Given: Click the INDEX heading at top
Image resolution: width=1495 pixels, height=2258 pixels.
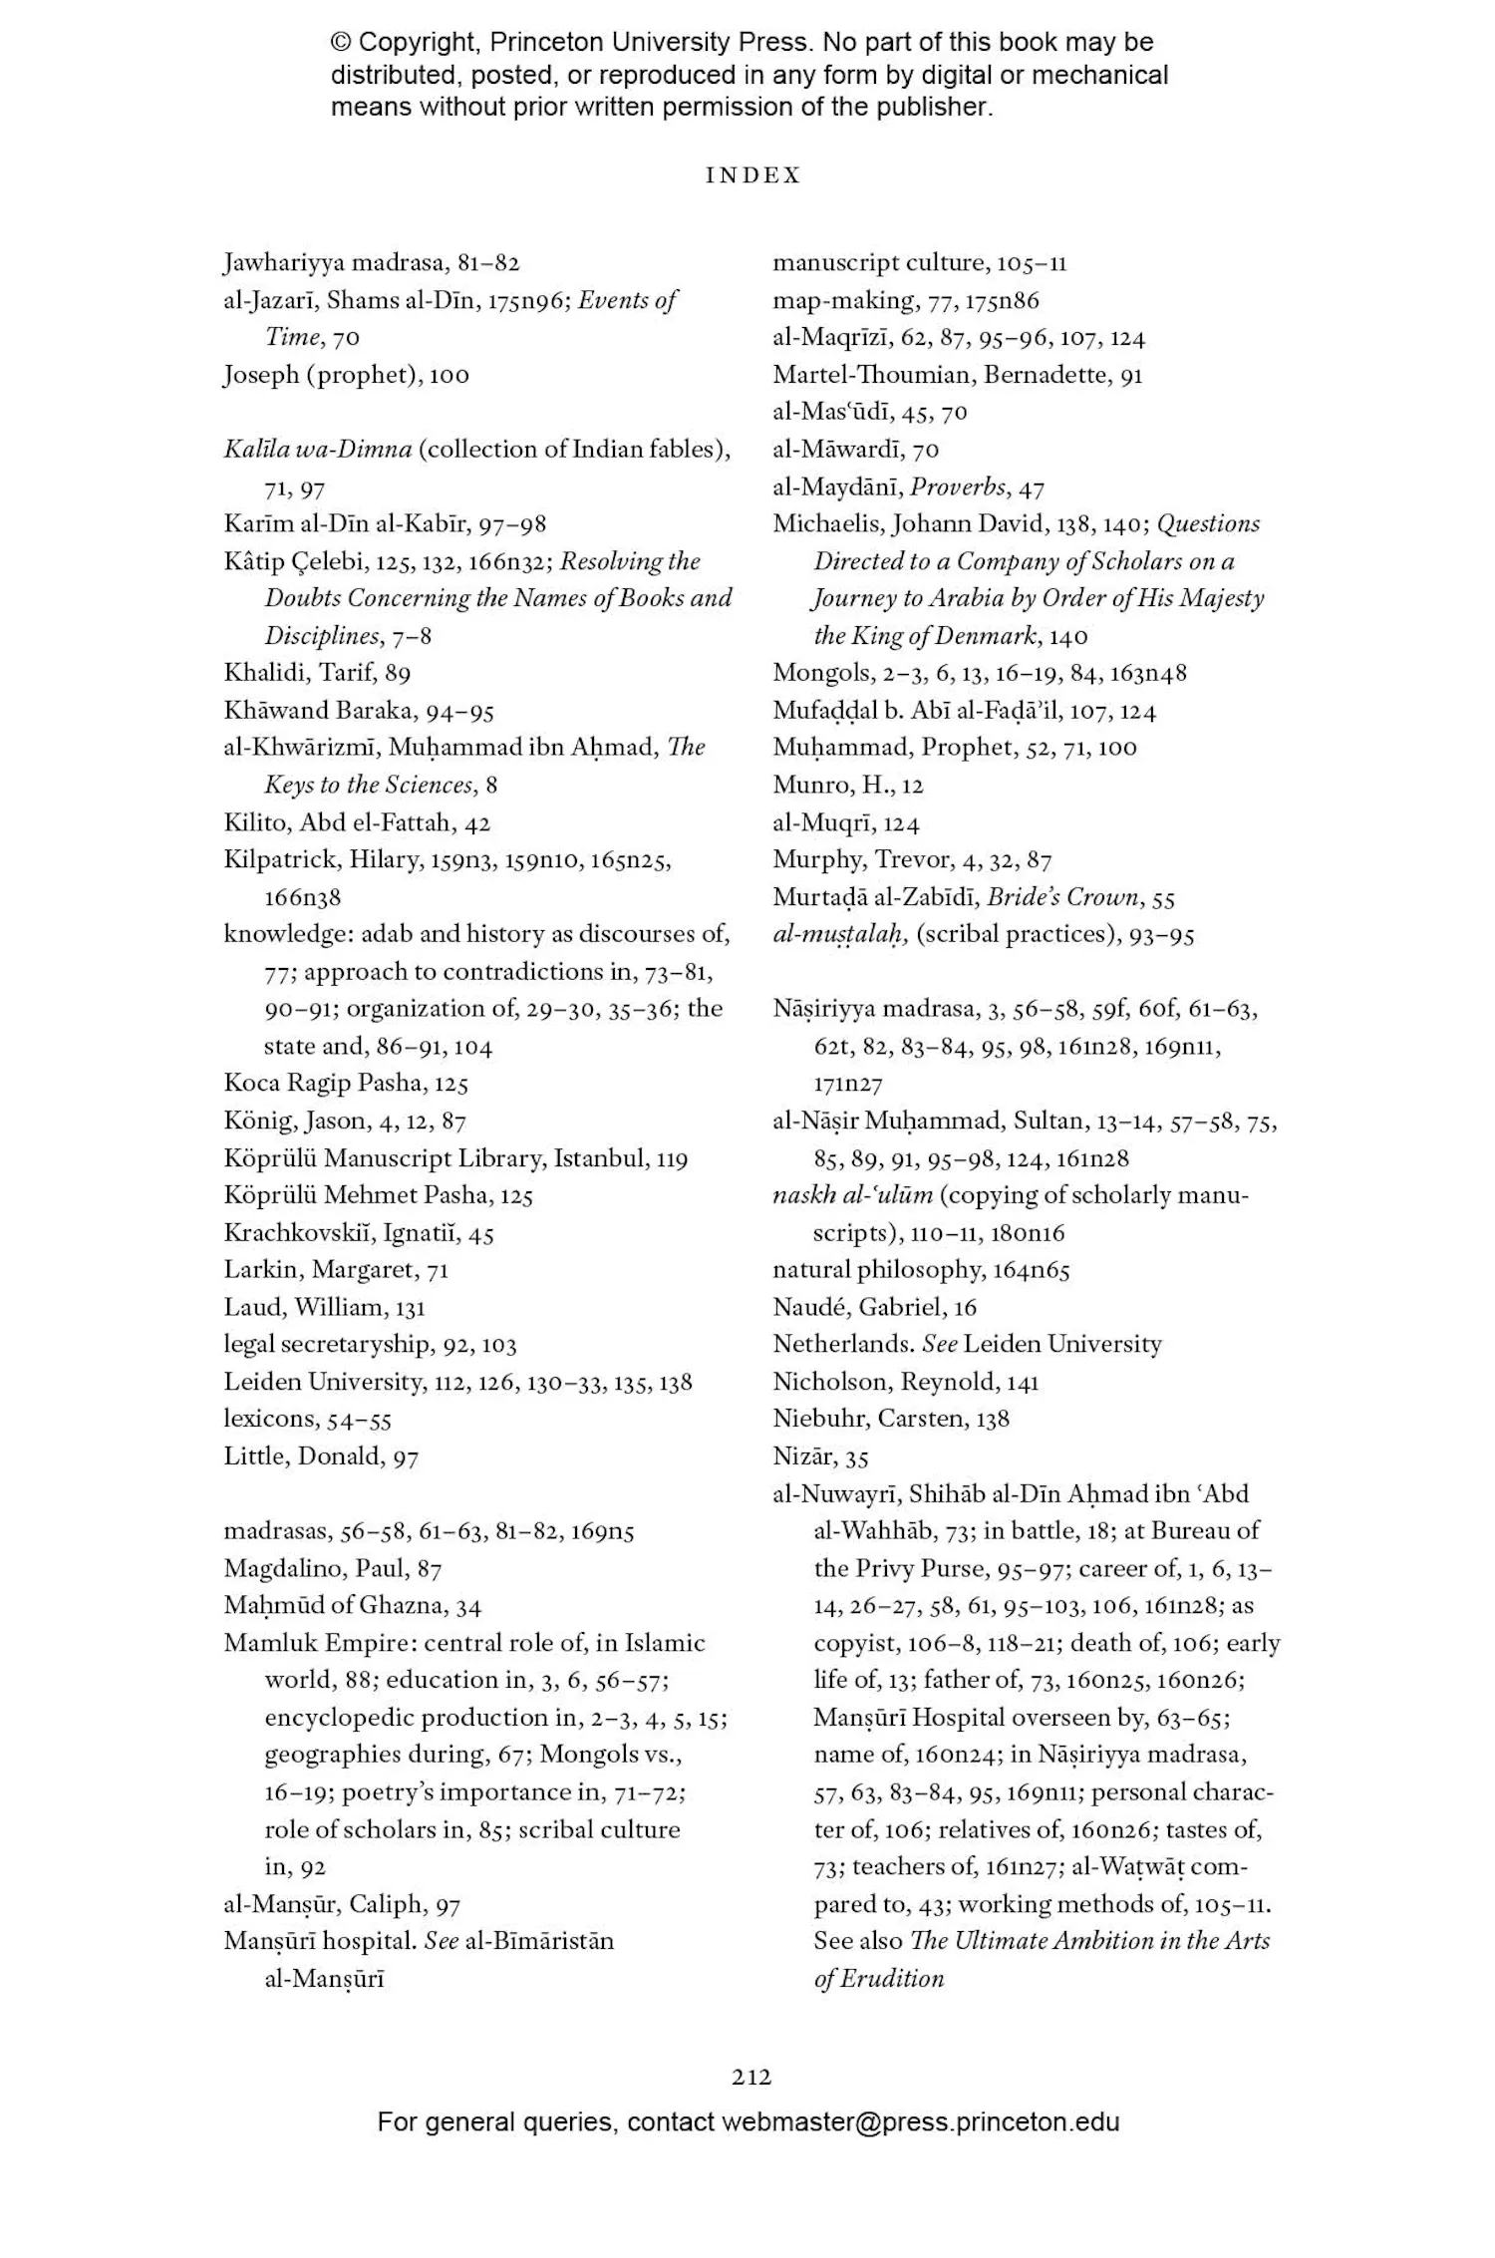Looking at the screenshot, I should (x=752, y=175).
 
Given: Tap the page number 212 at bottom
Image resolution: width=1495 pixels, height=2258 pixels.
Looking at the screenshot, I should (x=751, y=2077).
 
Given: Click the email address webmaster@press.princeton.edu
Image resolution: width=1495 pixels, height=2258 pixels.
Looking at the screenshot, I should (x=920, y=2121).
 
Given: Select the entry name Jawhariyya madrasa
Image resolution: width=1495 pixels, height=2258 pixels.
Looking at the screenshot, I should (x=335, y=263).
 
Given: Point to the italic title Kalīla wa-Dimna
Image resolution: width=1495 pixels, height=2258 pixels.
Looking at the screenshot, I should (x=317, y=450).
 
